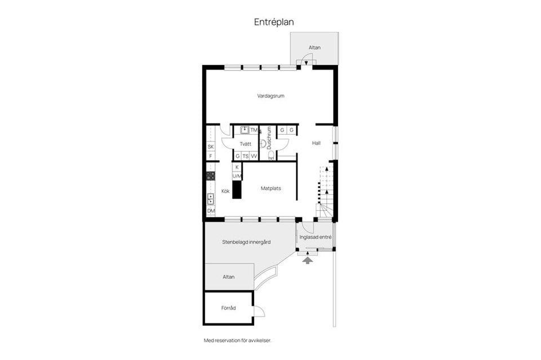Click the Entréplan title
tap(274, 22)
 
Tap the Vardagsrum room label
tap(271, 96)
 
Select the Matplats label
tap(271, 188)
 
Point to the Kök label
tap(225, 191)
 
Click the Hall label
tap(316, 143)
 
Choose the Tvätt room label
tap(246, 144)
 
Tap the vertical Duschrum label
tap(269, 138)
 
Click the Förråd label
tap(228, 308)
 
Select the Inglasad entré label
tap(316, 237)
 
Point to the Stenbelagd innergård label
tap(246, 242)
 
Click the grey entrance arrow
tap(308, 260)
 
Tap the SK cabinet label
tap(210, 146)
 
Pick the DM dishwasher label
tap(211, 211)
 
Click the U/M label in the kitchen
tap(237, 176)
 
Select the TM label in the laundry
tap(254, 130)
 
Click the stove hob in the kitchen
tap(211, 176)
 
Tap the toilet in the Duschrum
tap(271, 155)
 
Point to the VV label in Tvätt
tap(254, 156)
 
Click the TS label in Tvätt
tap(245, 156)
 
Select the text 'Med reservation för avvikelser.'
tap(237, 341)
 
